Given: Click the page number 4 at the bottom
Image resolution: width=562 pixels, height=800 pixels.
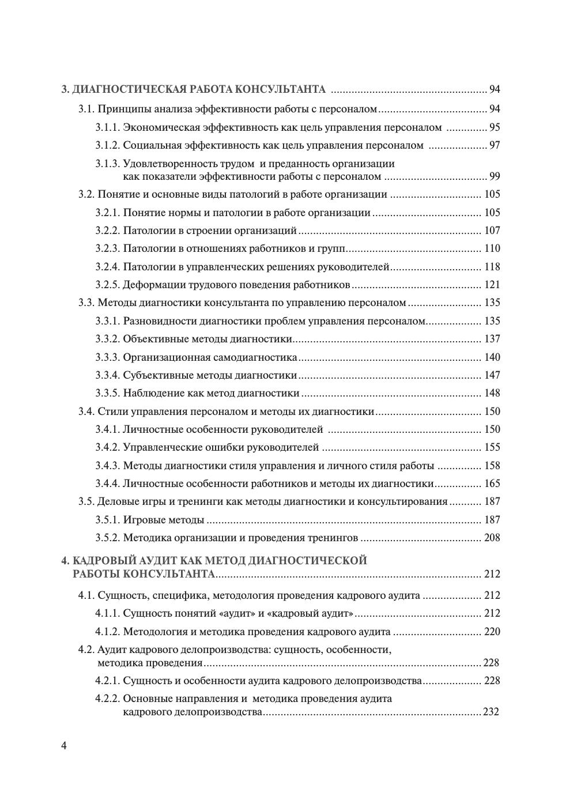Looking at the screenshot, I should [x=64, y=746].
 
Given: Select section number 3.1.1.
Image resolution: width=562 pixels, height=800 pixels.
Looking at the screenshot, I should [x=108, y=127].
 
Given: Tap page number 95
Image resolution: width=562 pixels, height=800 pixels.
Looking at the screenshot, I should [x=495, y=127].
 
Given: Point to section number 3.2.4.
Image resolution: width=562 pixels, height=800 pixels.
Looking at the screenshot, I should [x=108, y=267].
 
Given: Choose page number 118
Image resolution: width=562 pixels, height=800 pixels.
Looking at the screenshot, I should [x=492, y=267].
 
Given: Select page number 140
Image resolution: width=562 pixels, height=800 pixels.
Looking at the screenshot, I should [x=492, y=357].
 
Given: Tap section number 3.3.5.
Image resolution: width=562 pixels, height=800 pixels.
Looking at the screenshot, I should [x=108, y=393].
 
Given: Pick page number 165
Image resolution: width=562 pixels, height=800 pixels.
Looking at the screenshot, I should [x=492, y=484].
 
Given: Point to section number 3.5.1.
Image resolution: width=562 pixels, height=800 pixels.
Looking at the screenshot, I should [x=108, y=520].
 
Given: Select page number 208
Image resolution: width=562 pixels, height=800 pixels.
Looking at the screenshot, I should [x=492, y=538].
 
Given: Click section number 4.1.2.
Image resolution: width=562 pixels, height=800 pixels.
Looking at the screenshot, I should [x=108, y=632].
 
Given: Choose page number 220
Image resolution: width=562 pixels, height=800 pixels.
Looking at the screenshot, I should [x=492, y=632].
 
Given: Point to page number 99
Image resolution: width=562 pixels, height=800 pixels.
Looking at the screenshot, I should [x=495, y=176].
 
